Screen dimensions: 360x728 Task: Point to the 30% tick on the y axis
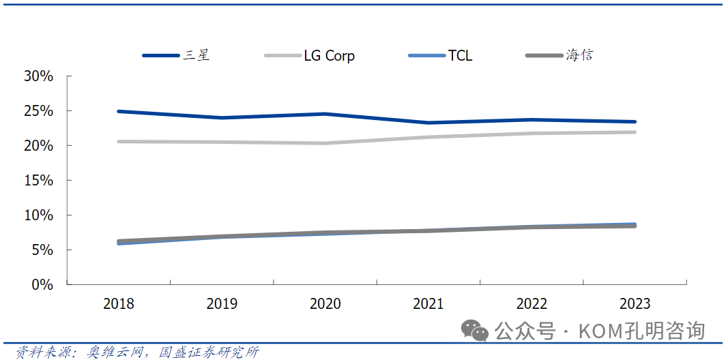point(38,76)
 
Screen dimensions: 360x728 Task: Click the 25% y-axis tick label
point(38,110)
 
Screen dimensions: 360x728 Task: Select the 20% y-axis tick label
point(38,145)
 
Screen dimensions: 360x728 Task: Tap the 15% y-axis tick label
point(38,180)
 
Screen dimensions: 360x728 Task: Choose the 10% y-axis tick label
point(38,215)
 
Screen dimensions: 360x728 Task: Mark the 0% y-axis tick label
point(42,284)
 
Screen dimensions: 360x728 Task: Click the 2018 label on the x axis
point(119,304)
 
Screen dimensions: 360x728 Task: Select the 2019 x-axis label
point(222,304)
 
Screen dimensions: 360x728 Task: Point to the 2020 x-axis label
point(325,304)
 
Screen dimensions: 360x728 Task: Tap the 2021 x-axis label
point(428,304)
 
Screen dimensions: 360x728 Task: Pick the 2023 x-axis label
point(635,304)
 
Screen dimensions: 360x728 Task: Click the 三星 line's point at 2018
point(119,111)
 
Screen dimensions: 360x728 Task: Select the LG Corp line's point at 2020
point(325,143)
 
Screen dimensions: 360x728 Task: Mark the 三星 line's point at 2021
point(428,123)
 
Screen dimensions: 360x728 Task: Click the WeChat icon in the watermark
point(475,331)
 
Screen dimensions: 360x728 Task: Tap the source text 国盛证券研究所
point(209,352)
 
